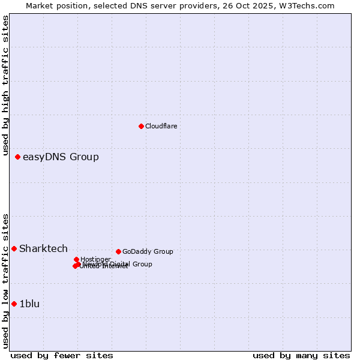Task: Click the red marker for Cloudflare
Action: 141,126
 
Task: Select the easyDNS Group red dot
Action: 17,157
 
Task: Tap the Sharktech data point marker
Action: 14,248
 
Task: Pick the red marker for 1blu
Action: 14,304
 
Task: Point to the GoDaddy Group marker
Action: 118,251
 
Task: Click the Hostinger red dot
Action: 76,259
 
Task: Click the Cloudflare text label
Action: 161,126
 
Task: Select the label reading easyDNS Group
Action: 61,157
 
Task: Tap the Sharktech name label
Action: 43,248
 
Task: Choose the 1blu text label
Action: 29,304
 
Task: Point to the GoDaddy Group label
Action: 148,251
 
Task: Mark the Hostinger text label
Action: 95,259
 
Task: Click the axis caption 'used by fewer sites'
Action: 62,355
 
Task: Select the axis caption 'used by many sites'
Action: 301,355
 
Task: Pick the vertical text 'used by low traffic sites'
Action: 5,281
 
